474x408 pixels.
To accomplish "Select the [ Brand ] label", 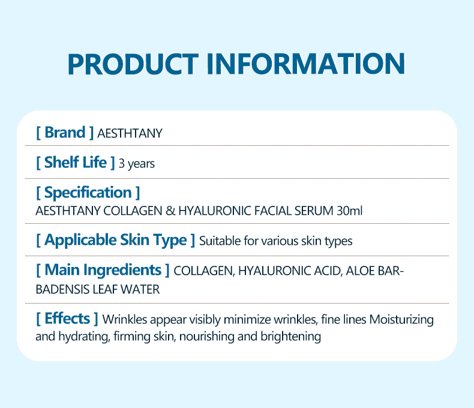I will click(65, 133).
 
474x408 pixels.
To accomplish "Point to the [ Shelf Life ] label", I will click(75, 163).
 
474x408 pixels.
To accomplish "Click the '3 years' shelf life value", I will click(137, 164).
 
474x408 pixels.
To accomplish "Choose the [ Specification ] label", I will click(88, 193).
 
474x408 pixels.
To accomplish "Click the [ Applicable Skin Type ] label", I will click(115, 241).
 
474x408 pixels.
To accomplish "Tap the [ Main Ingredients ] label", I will click(103, 271).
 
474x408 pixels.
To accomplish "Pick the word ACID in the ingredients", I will click(326, 271).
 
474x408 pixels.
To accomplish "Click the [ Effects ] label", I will click(67, 318).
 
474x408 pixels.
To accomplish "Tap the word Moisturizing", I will click(401, 319).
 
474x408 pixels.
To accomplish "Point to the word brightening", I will click(291, 337).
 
